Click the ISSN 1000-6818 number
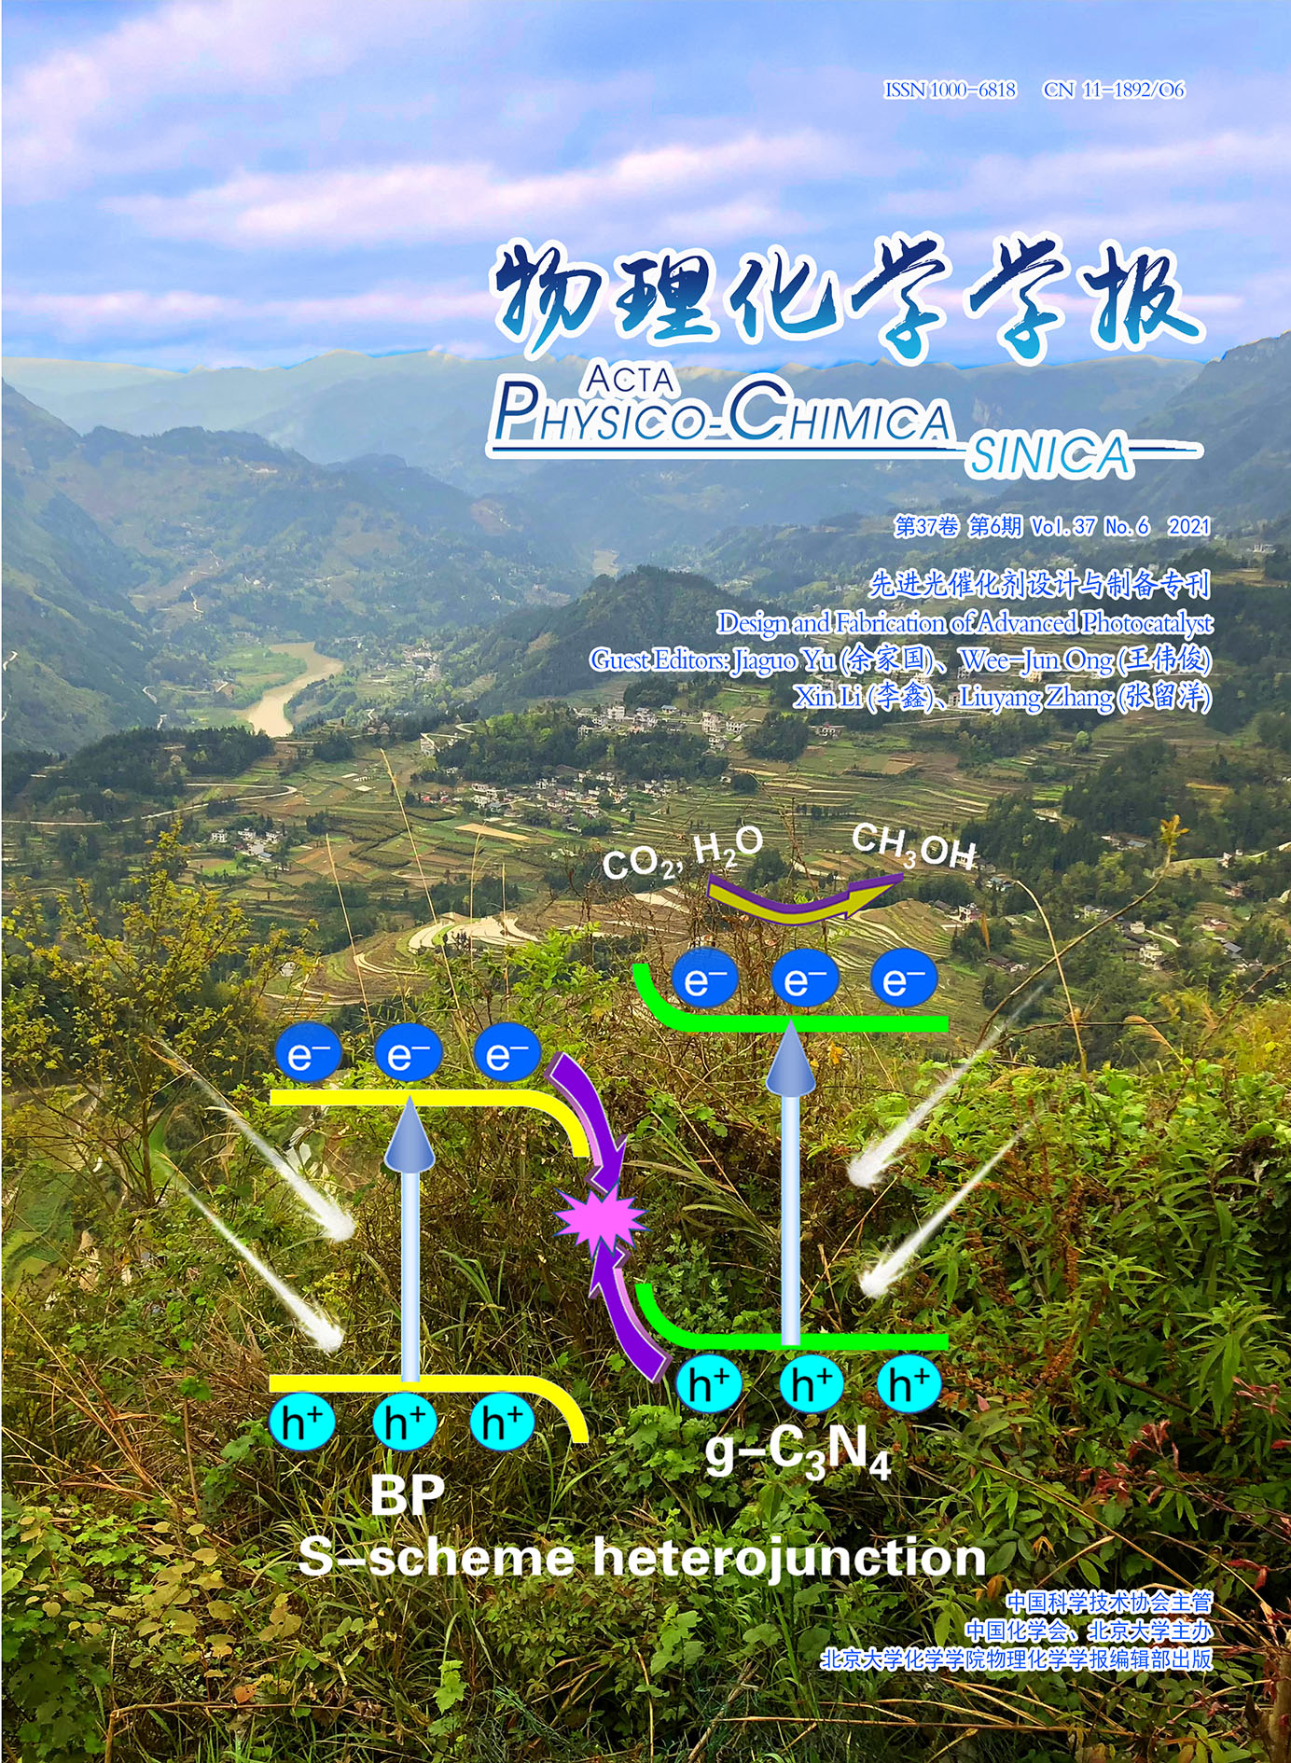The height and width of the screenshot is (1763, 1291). [x=950, y=90]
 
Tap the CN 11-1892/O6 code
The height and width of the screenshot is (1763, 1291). [x=1115, y=90]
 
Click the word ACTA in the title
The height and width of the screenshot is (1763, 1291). [x=631, y=379]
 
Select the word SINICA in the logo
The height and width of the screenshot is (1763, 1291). [x=1049, y=456]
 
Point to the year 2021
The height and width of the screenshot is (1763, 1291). [x=1188, y=526]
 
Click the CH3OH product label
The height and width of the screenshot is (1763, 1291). [x=914, y=847]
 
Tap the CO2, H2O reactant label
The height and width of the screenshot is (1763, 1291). [x=683, y=854]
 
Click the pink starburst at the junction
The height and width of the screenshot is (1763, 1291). [x=600, y=1218]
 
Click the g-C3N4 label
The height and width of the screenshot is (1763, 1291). [x=798, y=1452]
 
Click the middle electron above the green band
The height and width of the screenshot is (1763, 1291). [x=804, y=979]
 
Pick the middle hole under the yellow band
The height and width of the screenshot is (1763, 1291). [x=404, y=1423]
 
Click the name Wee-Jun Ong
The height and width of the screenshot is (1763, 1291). [x=1036, y=660]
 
